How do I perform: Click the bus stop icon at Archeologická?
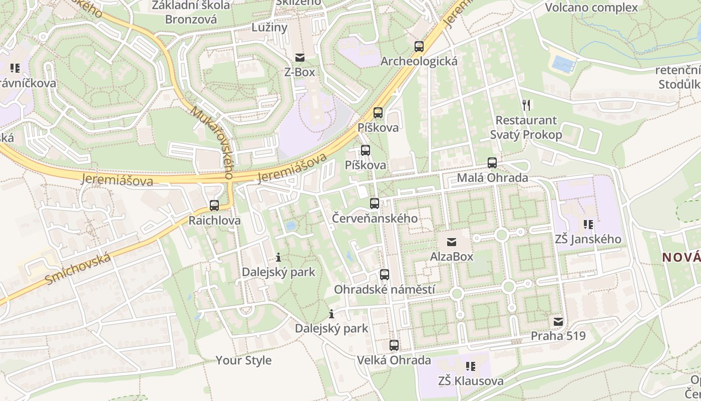419,47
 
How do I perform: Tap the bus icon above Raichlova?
214,205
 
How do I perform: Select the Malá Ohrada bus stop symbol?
492,163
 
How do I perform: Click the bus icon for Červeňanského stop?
375,204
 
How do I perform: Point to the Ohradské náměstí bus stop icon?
385,275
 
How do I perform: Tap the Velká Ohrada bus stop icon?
394,345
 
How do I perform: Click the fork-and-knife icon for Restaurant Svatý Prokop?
526,105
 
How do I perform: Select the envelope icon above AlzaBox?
452,242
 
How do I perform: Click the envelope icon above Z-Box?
300,58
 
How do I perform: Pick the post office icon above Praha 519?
558,321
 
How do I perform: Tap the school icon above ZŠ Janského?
588,225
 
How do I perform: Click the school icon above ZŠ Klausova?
471,366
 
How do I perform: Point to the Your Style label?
244,360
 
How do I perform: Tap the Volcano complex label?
591,8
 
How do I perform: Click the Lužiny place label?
269,27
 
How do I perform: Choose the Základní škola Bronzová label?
191,13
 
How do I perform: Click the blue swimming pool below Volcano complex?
562,64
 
